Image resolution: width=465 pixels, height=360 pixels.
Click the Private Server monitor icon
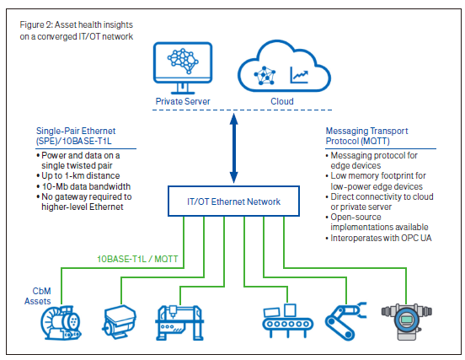tap(183, 68)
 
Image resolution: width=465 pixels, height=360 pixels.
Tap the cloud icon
tap(284, 66)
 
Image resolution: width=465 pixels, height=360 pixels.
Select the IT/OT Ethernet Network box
tap(233, 201)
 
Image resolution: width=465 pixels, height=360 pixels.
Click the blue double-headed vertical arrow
tap(234, 148)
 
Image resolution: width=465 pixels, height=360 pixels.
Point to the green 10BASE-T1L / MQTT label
tap(137, 259)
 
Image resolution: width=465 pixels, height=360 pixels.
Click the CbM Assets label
tap(38, 296)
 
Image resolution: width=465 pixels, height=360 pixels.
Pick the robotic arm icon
tap(345, 321)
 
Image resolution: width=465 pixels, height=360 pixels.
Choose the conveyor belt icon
tap(287, 320)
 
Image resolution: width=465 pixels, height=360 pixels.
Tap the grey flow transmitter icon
tap(406, 322)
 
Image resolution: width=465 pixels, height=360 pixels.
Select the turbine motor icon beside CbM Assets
tap(61, 323)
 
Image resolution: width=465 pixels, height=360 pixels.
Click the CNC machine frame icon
tap(179, 323)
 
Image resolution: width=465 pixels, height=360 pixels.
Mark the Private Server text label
tap(183, 101)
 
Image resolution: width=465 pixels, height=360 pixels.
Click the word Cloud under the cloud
tap(282, 101)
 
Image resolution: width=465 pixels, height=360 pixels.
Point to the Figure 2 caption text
tap(77, 30)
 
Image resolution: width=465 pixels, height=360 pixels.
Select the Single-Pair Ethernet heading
tap(76, 136)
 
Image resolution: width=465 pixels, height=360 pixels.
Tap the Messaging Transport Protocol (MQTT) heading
tap(366, 136)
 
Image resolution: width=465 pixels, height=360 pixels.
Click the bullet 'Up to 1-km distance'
tap(78, 175)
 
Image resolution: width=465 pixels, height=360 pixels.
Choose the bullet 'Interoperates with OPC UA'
tap(378, 238)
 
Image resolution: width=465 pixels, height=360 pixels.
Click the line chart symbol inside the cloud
tap(299, 74)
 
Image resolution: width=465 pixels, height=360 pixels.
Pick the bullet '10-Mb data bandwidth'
tap(83, 186)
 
